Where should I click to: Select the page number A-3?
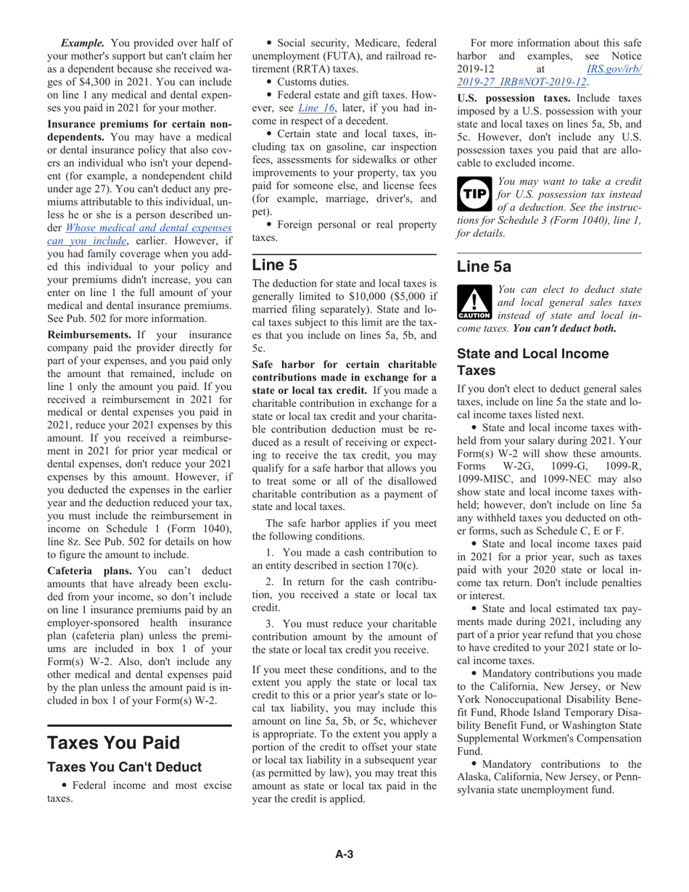[344, 854]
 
